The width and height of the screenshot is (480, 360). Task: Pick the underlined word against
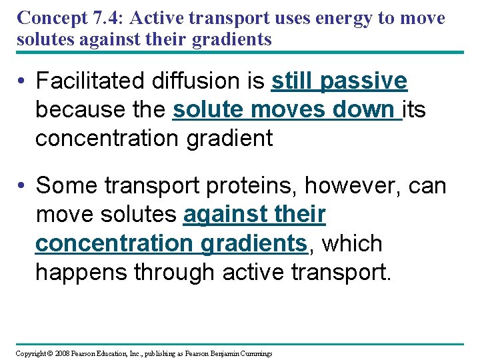pyautogui.click(x=225, y=215)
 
